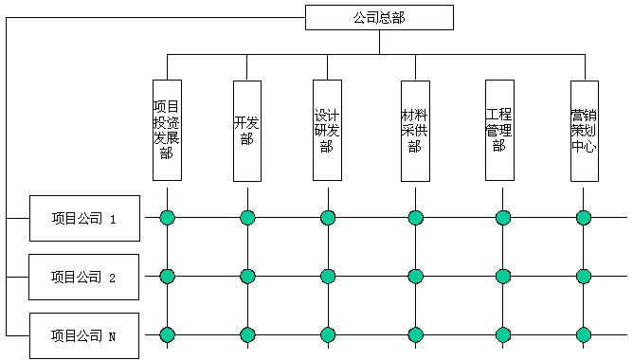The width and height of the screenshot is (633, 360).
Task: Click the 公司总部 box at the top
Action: point(379,17)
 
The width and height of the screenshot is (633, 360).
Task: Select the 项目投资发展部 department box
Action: point(167,130)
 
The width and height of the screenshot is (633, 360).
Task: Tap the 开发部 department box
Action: point(247,130)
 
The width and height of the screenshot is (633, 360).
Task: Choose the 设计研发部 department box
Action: point(327,130)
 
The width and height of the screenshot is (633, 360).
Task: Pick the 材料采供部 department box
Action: point(415,130)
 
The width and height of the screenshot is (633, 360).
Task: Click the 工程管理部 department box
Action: point(499,130)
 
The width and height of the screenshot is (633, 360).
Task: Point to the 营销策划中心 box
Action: point(584,130)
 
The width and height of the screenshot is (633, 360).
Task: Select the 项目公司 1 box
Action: point(84,219)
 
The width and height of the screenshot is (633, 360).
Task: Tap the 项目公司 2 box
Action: point(84,277)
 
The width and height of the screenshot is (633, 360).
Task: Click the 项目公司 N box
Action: point(84,335)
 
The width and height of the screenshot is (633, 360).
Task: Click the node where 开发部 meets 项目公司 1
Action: point(247,218)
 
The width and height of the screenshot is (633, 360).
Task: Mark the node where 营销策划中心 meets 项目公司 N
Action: point(584,334)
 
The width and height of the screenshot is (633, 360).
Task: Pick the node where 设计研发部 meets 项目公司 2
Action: point(327,277)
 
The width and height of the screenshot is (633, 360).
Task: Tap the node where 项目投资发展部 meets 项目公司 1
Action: point(167,218)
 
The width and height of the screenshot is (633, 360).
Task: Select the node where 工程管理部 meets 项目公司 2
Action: point(503,277)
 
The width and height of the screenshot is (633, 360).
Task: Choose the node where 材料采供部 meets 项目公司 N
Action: point(415,334)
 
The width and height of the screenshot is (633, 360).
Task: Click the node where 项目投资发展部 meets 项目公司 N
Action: point(167,334)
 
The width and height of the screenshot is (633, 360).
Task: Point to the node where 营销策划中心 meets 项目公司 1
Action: point(584,218)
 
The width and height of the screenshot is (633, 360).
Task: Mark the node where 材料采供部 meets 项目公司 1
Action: point(415,218)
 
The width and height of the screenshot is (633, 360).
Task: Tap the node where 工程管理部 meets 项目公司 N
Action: point(503,334)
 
